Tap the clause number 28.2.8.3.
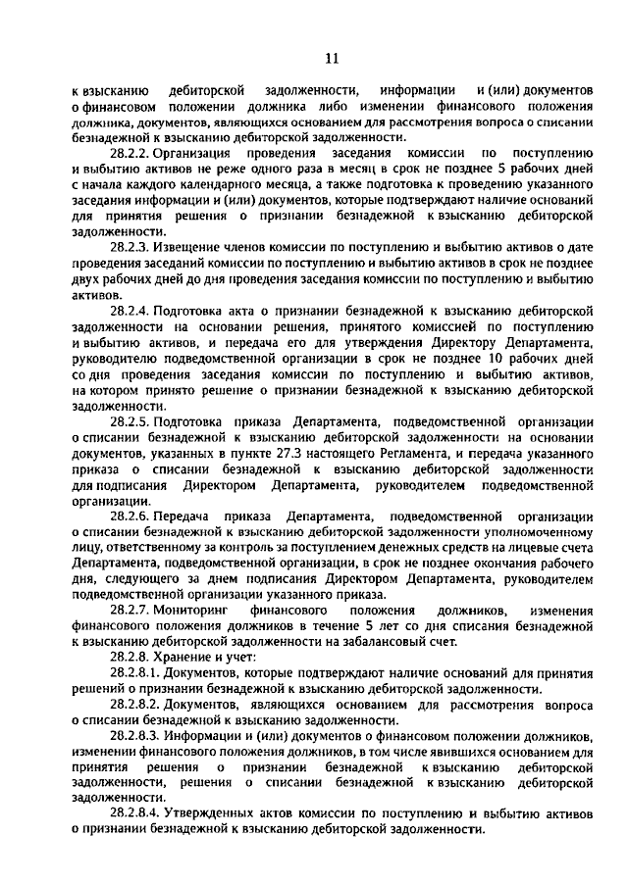click(136, 736)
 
